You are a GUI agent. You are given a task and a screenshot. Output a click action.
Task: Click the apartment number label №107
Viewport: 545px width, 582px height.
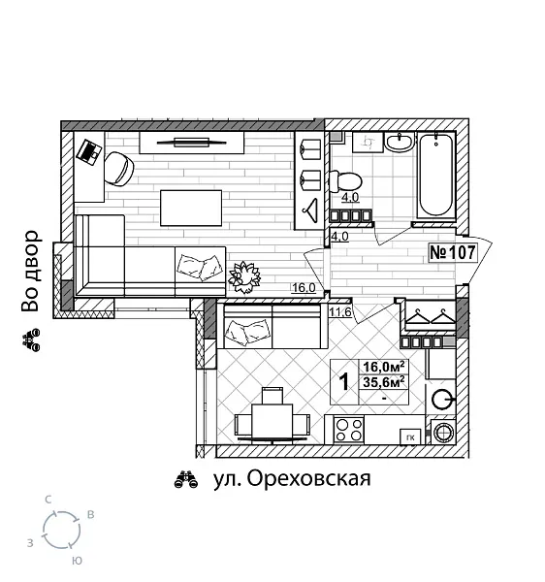coord(452,253)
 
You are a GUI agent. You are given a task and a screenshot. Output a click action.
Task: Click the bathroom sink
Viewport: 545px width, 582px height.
coord(399,144)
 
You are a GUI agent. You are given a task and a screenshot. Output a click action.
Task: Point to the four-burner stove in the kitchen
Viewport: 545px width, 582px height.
coord(349,430)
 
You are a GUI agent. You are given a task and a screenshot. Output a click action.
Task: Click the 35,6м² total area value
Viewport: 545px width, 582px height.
coord(384,381)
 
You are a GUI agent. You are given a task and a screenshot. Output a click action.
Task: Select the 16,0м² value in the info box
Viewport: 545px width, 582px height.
coord(384,366)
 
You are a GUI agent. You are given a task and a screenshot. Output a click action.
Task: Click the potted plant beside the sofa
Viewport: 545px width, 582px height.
coord(244,276)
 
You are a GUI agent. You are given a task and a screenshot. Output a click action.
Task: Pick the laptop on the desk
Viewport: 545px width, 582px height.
coord(89,151)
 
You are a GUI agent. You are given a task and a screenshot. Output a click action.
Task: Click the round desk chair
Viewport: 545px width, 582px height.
coord(121,169)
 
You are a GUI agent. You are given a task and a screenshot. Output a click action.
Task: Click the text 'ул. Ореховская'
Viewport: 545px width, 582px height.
coord(291,478)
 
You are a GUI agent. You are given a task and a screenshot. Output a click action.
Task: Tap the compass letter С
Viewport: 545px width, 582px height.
coord(48,499)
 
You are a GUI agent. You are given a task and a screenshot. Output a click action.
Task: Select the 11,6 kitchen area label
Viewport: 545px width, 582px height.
coord(339,311)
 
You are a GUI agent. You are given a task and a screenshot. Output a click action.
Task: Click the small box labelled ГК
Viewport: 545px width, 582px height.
coord(411,435)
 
